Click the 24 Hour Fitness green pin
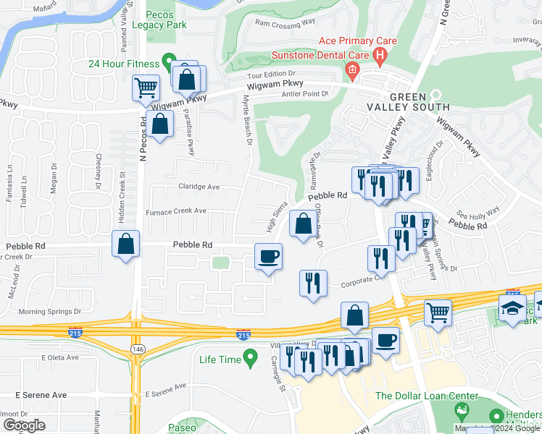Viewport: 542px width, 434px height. click(x=170, y=61)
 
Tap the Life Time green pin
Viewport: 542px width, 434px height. click(x=250, y=356)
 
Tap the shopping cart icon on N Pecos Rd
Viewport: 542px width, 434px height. click(x=146, y=88)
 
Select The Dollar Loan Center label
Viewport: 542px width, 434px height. click(x=427, y=396)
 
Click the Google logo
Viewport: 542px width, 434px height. click(x=24, y=425)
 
